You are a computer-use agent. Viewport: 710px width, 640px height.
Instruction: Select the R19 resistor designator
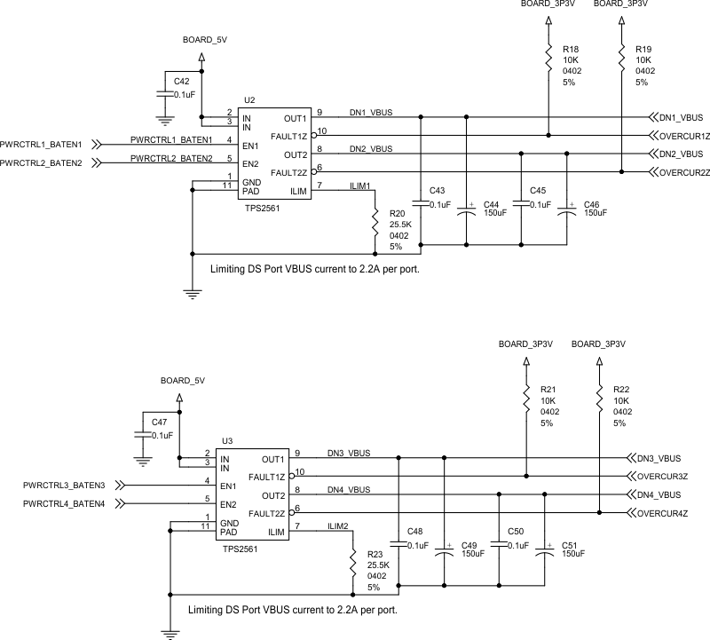pos(643,49)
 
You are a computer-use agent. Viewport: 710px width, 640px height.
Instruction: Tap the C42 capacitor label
pos(182,82)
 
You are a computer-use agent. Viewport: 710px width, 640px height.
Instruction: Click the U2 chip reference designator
pos(249,101)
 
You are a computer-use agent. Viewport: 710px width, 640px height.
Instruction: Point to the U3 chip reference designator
pos(227,441)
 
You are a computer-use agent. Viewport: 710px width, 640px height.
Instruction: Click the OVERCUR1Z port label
pos(684,136)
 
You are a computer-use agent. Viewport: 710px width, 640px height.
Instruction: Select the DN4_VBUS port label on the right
pos(659,494)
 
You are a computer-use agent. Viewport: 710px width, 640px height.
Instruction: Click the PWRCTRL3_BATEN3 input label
pos(64,486)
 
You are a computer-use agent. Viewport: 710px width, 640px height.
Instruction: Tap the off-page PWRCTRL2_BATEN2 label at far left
pos(41,163)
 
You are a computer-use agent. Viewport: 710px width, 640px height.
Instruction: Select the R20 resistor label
pos(397,214)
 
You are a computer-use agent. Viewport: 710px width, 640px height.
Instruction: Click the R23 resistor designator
pos(375,554)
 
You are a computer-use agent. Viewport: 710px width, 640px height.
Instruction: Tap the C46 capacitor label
pos(592,203)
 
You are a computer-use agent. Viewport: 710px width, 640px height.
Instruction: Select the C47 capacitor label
pos(160,422)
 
